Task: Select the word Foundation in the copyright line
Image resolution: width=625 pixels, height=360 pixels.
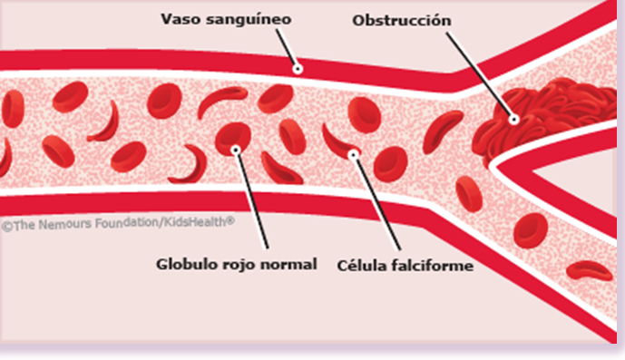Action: click(119, 220)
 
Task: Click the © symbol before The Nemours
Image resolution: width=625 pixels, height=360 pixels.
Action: click(5, 221)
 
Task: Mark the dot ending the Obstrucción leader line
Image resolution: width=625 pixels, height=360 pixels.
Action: click(513, 118)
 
